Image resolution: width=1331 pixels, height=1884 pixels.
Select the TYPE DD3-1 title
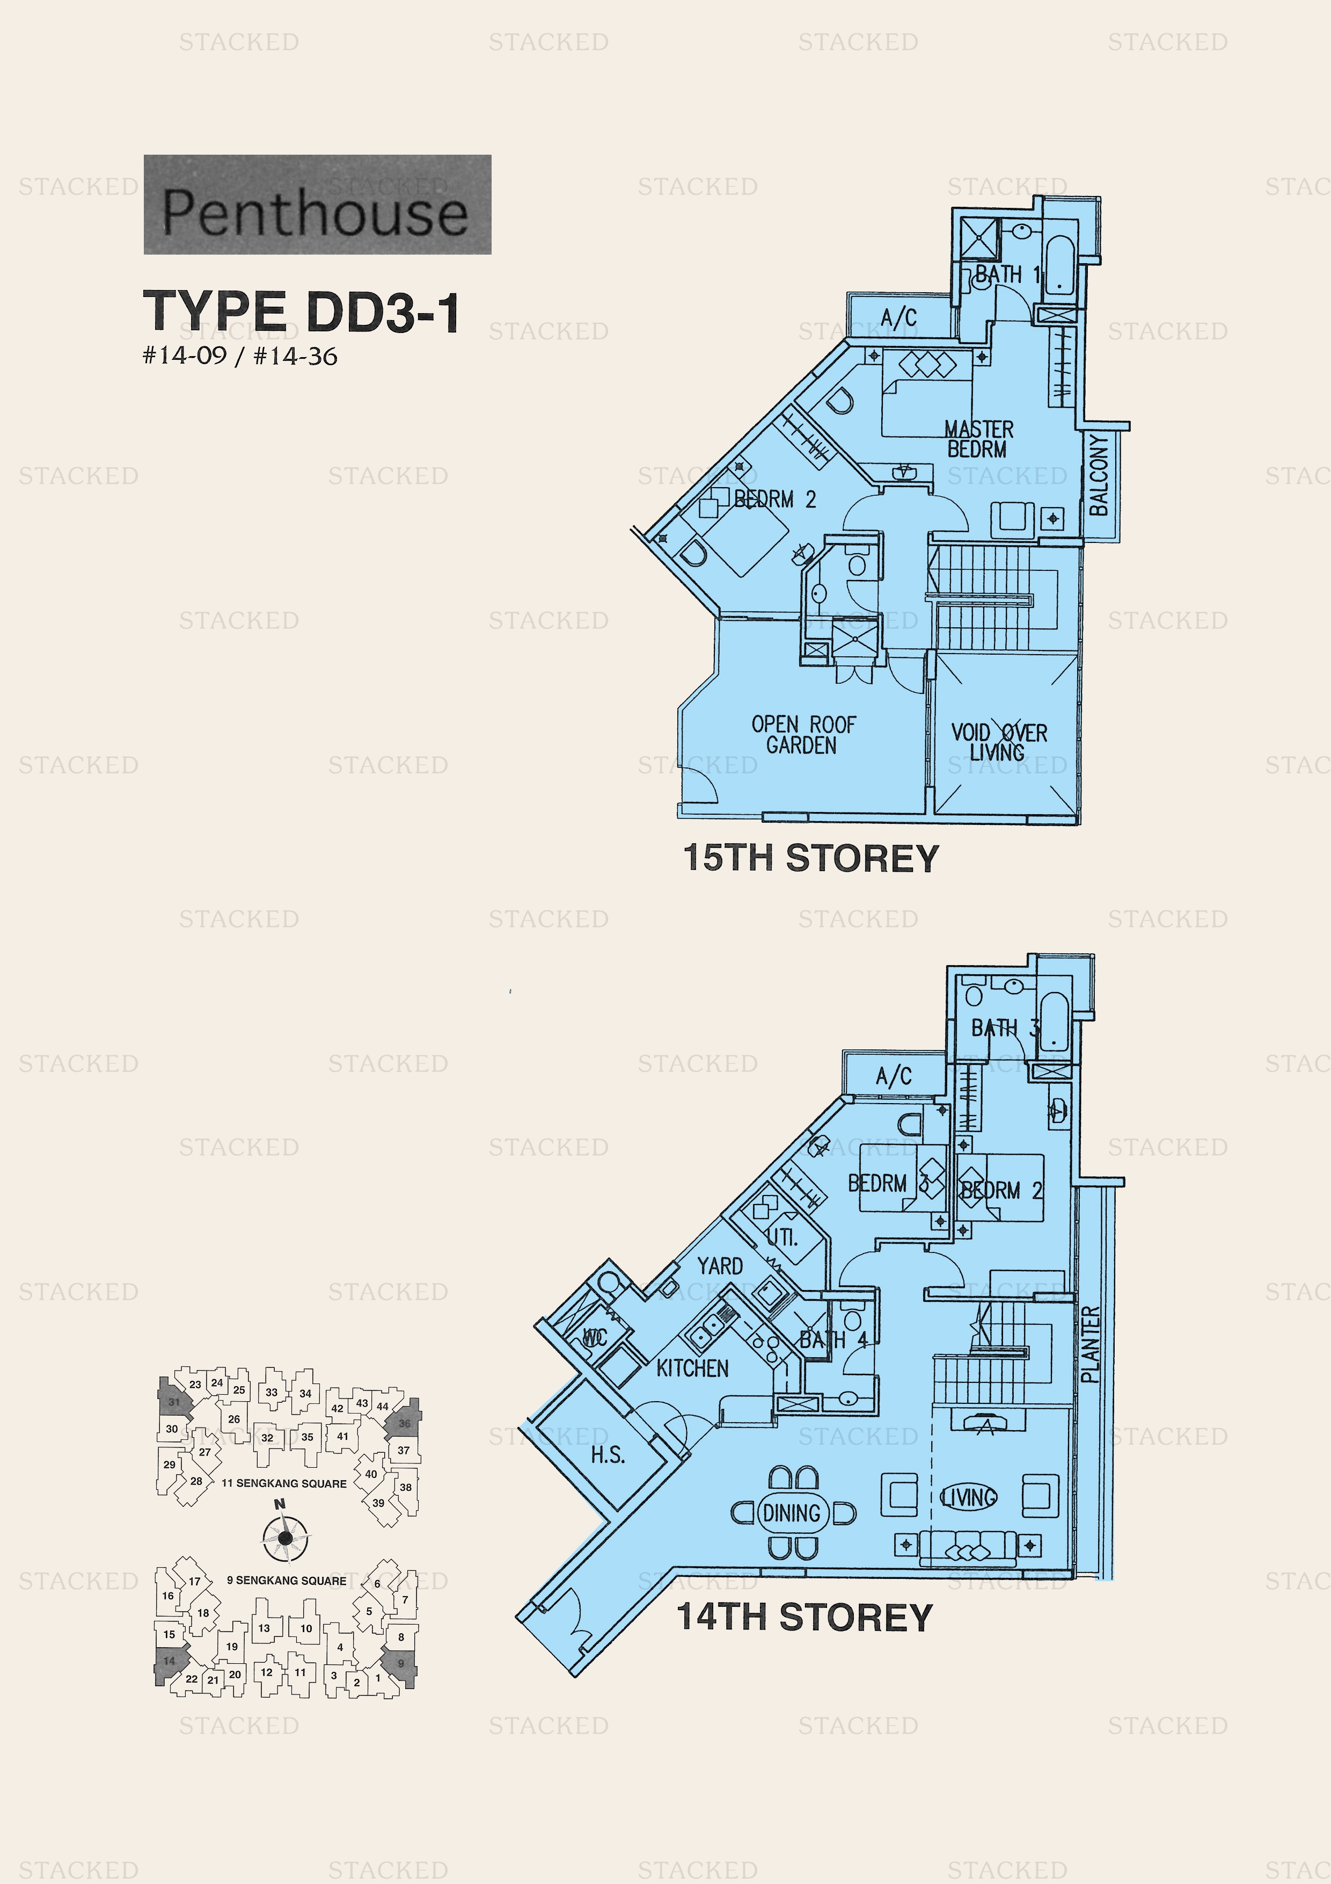pos(302,312)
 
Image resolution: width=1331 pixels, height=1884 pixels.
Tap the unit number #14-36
pos(295,356)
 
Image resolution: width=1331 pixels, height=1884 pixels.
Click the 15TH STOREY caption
pos(810,858)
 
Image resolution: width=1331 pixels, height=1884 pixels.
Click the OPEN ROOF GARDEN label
pos(803,734)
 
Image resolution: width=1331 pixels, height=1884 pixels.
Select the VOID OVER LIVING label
pos(998,742)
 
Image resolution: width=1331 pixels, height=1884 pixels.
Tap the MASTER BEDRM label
pos(978,439)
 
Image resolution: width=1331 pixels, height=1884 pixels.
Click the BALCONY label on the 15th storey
pos(1099,475)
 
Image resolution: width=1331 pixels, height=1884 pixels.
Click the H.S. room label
pos(608,1455)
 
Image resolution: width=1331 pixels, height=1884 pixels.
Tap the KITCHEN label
pos(692,1368)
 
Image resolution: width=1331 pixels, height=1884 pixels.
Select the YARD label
pos(720,1266)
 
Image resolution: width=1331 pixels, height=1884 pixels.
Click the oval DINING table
pos(792,1513)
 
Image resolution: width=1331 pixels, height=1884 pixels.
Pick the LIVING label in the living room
pos(969,1497)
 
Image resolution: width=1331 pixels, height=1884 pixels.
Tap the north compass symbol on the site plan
pos(284,1537)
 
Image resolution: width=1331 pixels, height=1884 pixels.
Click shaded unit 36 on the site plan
pos(404,1424)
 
